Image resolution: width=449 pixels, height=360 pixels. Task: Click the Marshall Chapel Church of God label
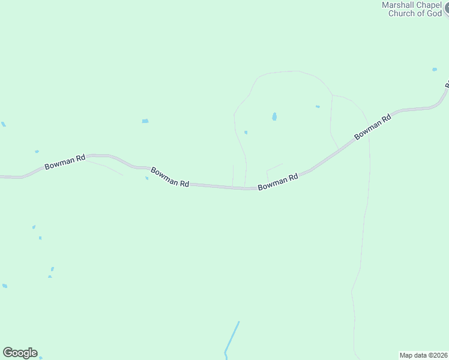point(411,9)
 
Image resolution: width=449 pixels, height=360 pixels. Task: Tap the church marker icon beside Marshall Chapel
point(446,10)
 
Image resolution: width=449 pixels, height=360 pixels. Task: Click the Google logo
point(20,353)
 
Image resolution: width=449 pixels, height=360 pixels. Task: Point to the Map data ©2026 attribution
point(423,355)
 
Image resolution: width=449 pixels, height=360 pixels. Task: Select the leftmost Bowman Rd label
point(65,161)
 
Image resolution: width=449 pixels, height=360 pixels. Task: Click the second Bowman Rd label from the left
point(170,176)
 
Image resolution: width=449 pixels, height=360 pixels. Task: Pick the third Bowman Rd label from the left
point(278,182)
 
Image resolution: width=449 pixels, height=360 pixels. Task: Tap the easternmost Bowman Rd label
point(373,127)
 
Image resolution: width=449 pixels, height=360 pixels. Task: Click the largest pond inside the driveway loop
point(274,117)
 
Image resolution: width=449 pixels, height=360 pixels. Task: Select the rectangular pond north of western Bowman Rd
point(145,121)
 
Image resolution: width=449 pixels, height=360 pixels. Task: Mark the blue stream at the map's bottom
point(232,338)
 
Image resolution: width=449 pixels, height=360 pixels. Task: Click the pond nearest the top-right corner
point(435,70)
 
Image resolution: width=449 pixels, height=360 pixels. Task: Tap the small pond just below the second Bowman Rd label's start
point(146,178)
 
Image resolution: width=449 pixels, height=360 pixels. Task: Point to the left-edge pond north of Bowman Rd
point(4,124)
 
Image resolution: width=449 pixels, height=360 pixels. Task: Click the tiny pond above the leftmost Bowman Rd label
point(37,152)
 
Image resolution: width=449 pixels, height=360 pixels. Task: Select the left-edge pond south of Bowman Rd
point(4,286)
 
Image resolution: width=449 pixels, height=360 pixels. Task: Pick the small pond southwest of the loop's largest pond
point(246,133)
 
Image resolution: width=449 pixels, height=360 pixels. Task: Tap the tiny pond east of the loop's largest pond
point(318,107)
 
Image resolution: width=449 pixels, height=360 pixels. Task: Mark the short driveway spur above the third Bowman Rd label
point(274,167)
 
